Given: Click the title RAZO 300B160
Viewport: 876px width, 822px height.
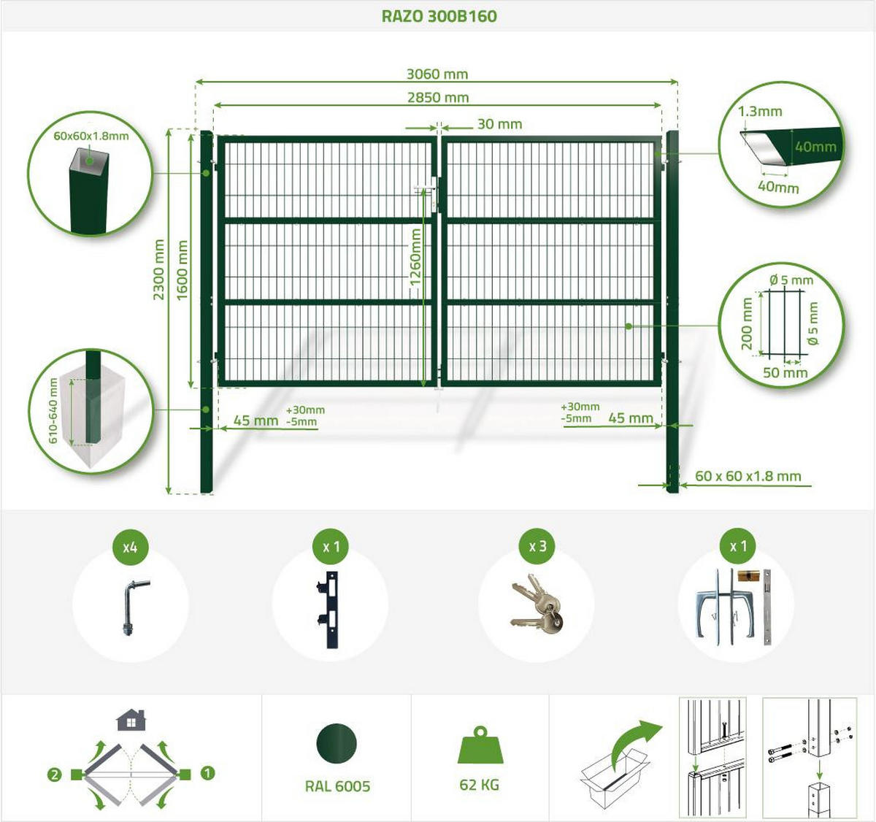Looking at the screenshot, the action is (x=439, y=16).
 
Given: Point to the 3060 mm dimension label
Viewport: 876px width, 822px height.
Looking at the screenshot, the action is (x=437, y=74).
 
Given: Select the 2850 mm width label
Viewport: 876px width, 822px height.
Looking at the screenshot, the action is (x=438, y=98).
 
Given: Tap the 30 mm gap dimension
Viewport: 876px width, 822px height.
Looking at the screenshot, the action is (x=500, y=124).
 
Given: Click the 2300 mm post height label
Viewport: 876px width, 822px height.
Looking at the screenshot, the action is (x=158, y=269).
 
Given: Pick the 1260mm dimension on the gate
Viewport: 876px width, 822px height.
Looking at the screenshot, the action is (x=415, y=257).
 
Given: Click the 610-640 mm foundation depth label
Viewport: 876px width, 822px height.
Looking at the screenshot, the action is (x=53, y=411).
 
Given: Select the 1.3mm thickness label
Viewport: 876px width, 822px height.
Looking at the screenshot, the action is (x=760, y=111).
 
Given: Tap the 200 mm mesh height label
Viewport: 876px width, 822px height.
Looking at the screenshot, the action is (x=746, y=324).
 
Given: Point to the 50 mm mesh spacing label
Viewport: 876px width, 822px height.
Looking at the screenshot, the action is (x=785, y=372).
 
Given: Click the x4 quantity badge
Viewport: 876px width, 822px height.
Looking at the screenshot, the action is (x=130, y=548).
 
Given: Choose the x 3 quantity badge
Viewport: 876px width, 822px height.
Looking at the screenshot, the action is (x=538, y=546).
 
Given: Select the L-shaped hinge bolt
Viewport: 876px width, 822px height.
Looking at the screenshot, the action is (x=134, y=608).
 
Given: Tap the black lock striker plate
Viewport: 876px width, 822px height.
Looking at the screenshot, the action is (x=328, y=610).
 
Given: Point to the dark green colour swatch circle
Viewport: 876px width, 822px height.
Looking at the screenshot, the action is (x=337, y=743).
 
